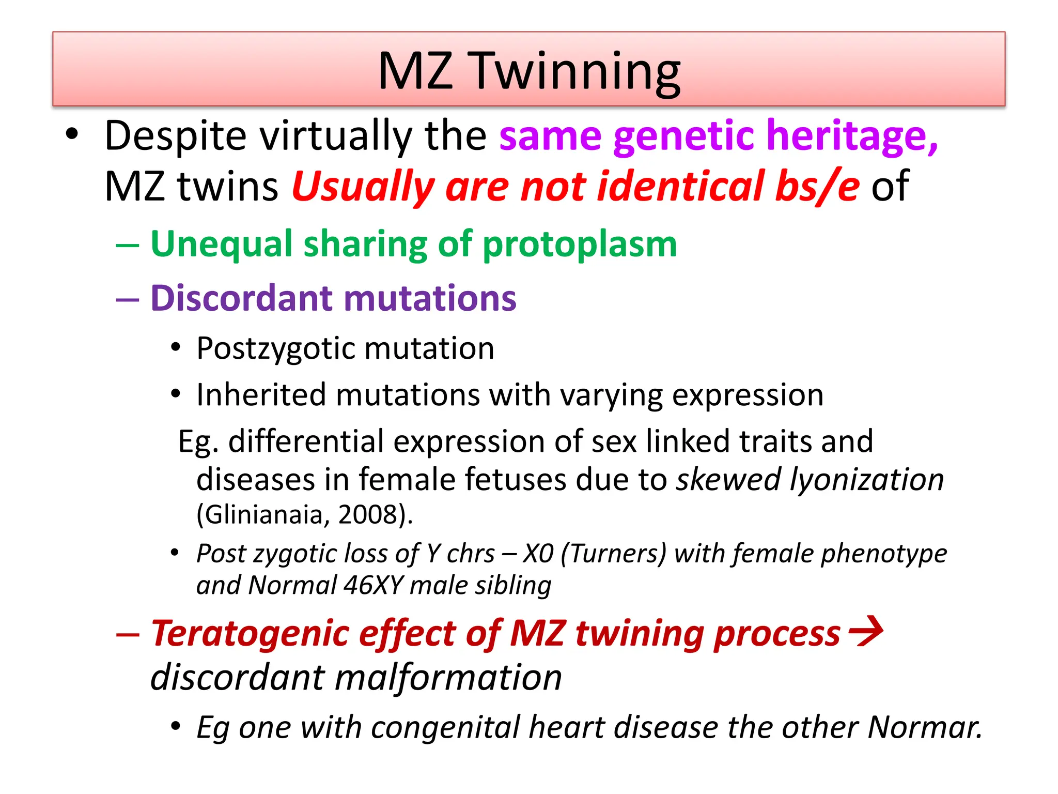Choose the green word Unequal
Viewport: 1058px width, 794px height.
click(221, 244)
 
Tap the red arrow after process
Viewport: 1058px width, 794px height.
click(866, 631)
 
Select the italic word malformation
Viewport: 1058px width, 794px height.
click(448, 678)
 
